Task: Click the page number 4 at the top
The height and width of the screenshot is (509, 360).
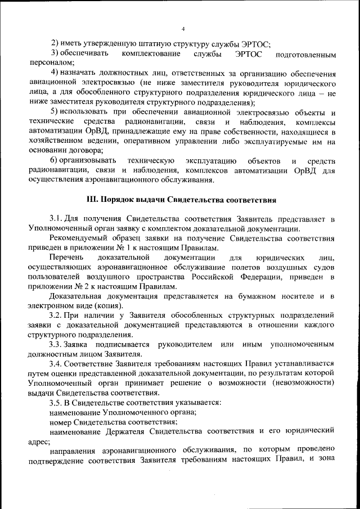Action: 183,29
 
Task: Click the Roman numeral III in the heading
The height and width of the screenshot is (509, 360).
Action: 91,200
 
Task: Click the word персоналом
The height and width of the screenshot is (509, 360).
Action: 47,64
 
